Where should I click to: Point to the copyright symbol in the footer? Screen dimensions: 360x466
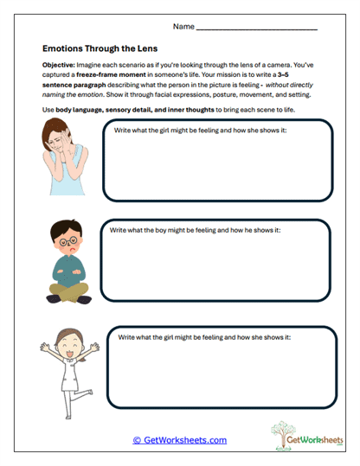tap(137, 440)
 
